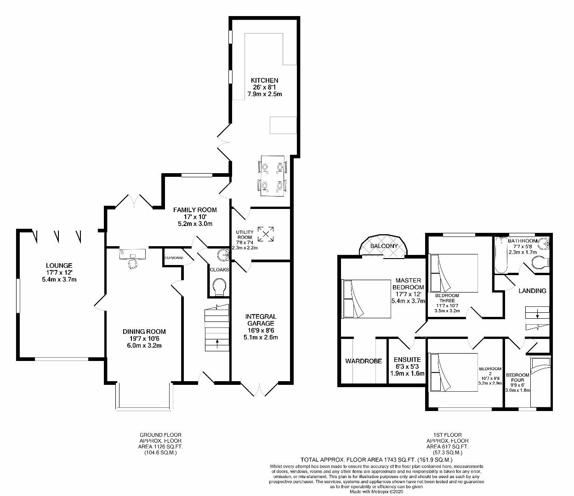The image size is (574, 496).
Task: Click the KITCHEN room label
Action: [x=264, y=80]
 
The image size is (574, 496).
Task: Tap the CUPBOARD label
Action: [x=174, y=258]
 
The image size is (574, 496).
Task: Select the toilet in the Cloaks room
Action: [x=219, y=287]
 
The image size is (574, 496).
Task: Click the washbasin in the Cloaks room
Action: [x=223, y=254]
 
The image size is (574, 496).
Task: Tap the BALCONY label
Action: [x=384, y=246]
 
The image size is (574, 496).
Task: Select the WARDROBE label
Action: [x=364, y=361]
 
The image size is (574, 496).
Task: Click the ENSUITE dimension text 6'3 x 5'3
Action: [x=407, y=367]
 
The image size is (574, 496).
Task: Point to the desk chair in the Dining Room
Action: [x=133, y=264]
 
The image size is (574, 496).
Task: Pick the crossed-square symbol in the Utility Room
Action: [x=266, y=234]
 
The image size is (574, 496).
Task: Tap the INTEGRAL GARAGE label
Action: [x=261, y=320]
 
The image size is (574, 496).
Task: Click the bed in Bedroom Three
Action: [x=454, y=273]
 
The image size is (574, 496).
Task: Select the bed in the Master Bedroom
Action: [x=367, y=299]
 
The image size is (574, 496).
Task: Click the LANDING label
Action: [x=532, y=291]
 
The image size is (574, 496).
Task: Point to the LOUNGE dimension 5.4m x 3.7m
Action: [x=59, y=280]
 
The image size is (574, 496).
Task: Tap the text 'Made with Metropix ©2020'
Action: [x=376, y=491]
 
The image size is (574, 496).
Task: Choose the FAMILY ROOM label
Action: [x=195, y=210]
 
